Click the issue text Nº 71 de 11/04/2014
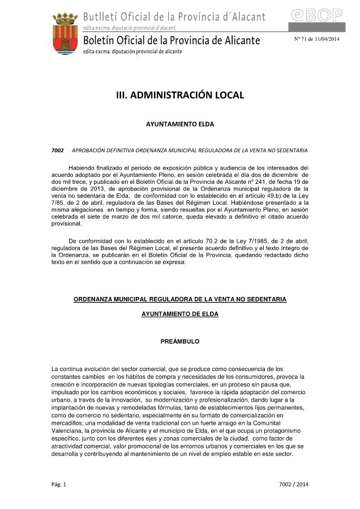(x=316, y=38)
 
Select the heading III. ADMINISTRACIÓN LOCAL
(x=180, y=95)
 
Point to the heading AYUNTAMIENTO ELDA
(x=180, y=123)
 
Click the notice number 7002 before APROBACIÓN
(x=57, y=150)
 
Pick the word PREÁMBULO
(x=180, y=342)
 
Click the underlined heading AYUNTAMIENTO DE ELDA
(x=180, y=314)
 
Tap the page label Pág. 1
(x=59, y=484)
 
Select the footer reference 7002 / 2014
(x=294, y=484)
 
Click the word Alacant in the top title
(x=245, y=15)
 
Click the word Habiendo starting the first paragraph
(x=83, y=168)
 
